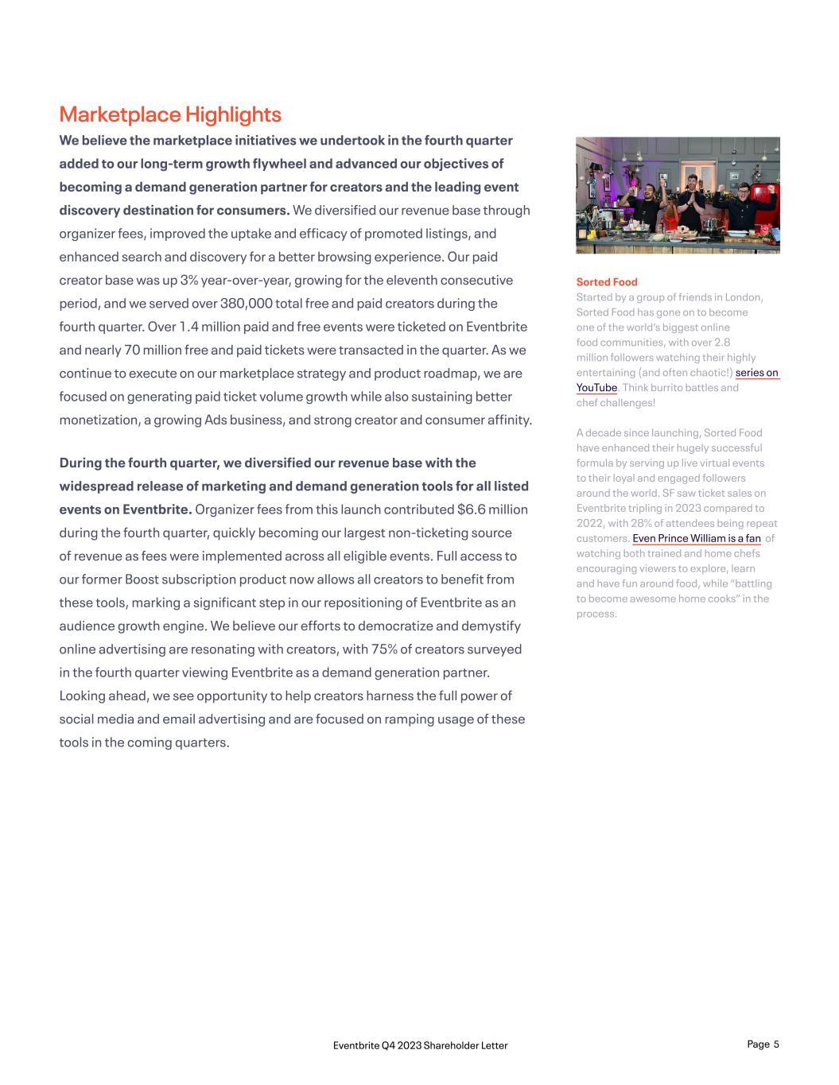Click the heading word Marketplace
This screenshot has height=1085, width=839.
click(119, 114)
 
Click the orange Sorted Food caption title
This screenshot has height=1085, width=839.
click(607, 282)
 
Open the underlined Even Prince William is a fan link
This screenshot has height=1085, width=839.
click(697, 539)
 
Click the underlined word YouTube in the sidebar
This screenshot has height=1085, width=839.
click(596, 388)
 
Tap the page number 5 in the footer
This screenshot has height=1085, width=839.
click(776, 1044)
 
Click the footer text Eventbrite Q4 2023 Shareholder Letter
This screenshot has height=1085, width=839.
click(420, 1045)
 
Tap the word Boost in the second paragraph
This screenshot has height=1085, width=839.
click(142, 579)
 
